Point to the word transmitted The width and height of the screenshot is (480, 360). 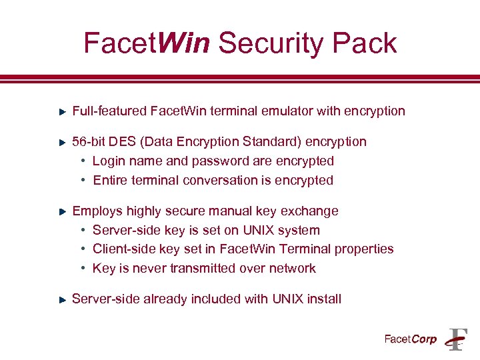click(191, 268)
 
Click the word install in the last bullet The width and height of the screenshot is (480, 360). click(324, 299)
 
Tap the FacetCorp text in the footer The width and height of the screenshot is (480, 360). click(410, 339)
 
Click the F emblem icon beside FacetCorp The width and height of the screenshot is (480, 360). click(457, 339)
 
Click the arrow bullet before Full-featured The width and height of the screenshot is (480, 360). click(61, 111)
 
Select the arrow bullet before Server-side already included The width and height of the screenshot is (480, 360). click(61, 299)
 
